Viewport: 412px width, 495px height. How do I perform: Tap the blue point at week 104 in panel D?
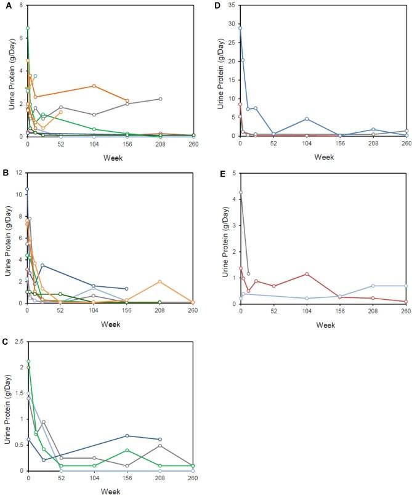(x=307, y=119)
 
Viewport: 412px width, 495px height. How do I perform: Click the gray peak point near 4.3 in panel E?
(x=240, y=192)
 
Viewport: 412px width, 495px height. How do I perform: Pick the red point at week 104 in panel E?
(x=307, y=274)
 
